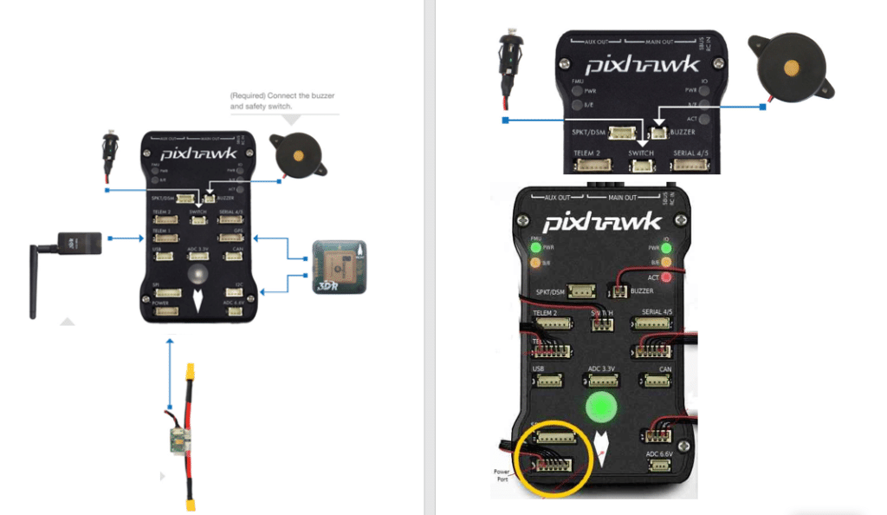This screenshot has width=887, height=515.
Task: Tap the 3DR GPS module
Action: pos(339,265)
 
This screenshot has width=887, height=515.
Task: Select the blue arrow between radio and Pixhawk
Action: pos(127,236)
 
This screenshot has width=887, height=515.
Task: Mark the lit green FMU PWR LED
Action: pos(537,247)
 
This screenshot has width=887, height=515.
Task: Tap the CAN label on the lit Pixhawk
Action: pos(665,369)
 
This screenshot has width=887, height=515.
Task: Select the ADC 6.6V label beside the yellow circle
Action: pos(659,454)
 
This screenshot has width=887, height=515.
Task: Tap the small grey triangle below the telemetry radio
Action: pos(66,322)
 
